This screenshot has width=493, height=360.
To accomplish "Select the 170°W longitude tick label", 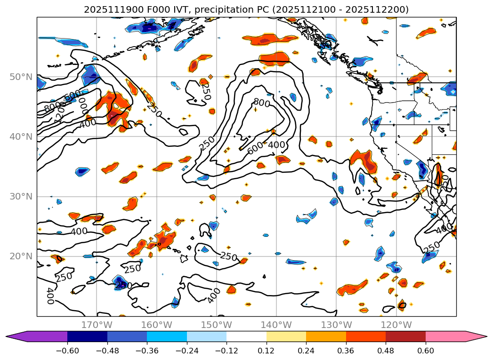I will (x=97, y=325).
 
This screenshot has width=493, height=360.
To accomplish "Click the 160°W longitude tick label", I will (x=156, y=325).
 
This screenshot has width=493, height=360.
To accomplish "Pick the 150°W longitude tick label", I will (x=216, y=325).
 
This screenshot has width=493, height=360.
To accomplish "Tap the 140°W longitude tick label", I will (x=276, y=325).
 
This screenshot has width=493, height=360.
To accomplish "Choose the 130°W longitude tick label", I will (x=336, y=325).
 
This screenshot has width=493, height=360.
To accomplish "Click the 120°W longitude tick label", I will (x=396, y=325).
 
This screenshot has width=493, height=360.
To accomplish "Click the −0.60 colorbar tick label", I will (x=67, y=351).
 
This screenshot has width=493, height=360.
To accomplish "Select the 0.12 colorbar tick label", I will (x=267, y=351).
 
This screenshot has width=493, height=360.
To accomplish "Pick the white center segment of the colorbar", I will (x=246, y=336).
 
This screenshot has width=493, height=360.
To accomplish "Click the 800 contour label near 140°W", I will (x=261, y=102).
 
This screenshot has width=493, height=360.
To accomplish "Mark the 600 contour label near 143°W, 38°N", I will (x=255, y=148).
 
